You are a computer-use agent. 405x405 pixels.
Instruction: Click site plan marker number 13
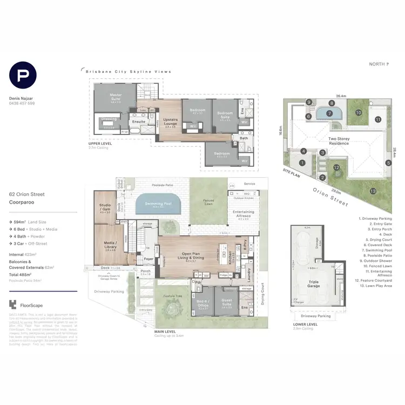[373, 191]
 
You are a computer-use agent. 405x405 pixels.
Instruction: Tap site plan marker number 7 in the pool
[329, 113]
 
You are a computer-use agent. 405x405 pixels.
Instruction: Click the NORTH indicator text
[379, 64]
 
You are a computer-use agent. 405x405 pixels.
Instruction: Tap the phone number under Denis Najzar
[23, 103]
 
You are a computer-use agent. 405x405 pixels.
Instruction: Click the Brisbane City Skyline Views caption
[128, 71]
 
